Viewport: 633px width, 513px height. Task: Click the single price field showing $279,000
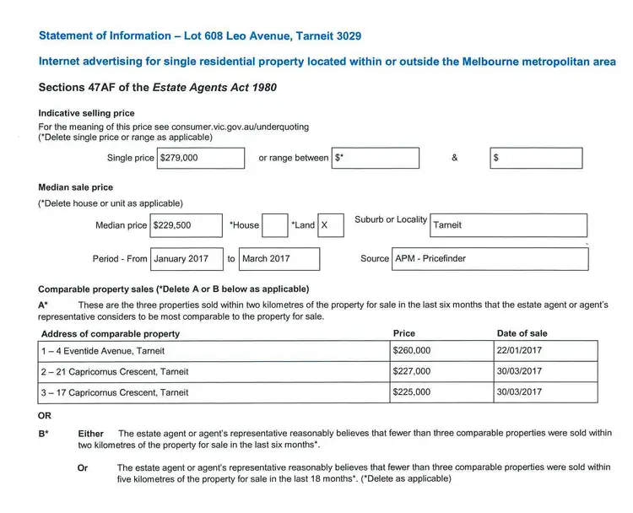[x=201, y=158]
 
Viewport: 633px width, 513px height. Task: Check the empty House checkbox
[x=274, y=225]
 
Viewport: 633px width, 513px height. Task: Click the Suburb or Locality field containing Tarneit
[x=508, y=225]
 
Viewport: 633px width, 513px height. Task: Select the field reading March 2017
[x=279, y=259]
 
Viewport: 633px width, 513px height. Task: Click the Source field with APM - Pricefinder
[x=490, y=259]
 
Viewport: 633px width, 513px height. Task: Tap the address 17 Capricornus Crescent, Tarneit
[x=115, y=392]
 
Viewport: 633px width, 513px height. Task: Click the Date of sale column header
[x=522, y=333]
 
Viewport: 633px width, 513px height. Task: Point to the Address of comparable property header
[x=110, y=334]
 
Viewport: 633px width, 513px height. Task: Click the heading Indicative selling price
[x=86, y=113]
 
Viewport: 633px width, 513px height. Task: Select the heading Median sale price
[x=76, y=187]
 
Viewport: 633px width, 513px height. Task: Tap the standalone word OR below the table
[x=45, y=416]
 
